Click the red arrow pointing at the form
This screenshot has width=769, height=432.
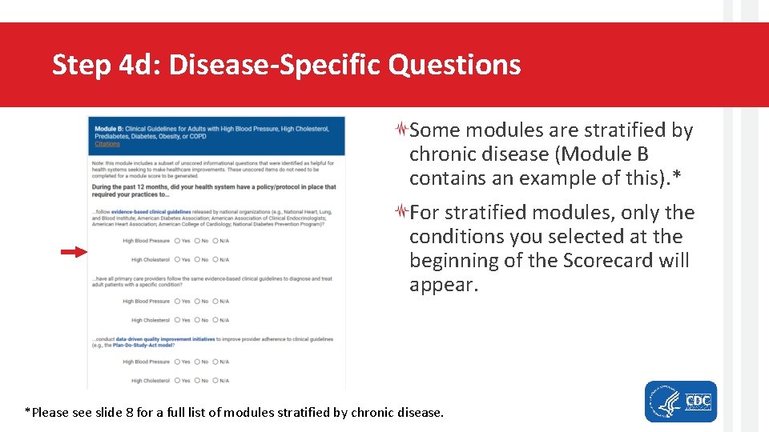point(74,252)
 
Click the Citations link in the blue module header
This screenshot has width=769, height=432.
point(107,145)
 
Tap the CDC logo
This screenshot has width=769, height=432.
point(698,401)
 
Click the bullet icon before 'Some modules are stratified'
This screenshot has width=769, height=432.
point(403,130)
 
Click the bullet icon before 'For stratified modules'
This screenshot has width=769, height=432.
point(403,212)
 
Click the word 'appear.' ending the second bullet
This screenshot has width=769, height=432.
point(443,285)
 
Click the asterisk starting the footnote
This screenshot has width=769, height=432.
point(28,412)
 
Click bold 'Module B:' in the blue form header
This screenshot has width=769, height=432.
point(108,129)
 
